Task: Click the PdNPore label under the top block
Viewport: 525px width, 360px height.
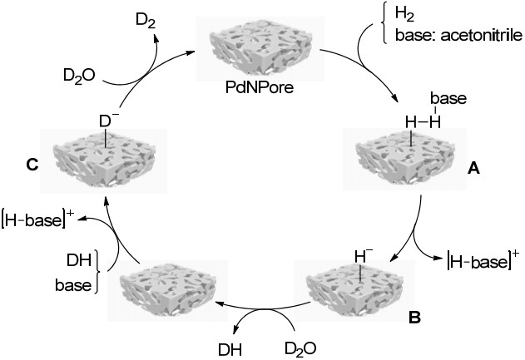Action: [259, 87]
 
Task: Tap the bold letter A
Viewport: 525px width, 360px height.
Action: [473, 169]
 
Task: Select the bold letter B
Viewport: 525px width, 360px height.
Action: [414, 317]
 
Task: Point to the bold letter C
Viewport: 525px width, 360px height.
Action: [32, 165]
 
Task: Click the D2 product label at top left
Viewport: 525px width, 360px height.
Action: [146, 21]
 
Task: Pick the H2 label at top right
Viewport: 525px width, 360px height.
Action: [405, 14]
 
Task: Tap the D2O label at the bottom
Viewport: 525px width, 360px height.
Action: [300, 349]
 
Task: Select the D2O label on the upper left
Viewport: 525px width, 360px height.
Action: [79, 76]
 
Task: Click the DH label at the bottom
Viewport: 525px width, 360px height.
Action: [230, 350]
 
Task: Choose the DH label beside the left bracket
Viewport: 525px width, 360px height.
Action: [79, 260]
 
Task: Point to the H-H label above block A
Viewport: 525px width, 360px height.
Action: [423, 121]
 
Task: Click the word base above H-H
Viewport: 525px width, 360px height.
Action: [448, 99]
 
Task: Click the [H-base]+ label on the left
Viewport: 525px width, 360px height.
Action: [37, 219]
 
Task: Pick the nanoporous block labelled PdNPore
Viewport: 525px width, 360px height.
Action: [260, 49]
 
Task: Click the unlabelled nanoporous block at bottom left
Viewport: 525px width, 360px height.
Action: [168, 291]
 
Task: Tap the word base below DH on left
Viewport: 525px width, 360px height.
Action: [73, 285]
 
